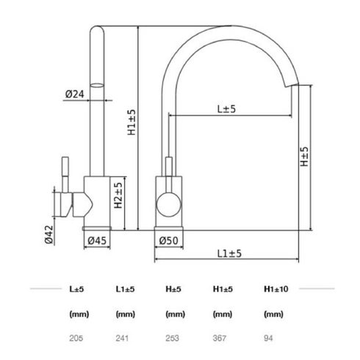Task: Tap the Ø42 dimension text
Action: coord(49,233)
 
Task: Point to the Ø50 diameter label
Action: coord(168,240)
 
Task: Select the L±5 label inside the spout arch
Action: coord(227,109)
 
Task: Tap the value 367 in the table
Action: coord(220,339)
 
